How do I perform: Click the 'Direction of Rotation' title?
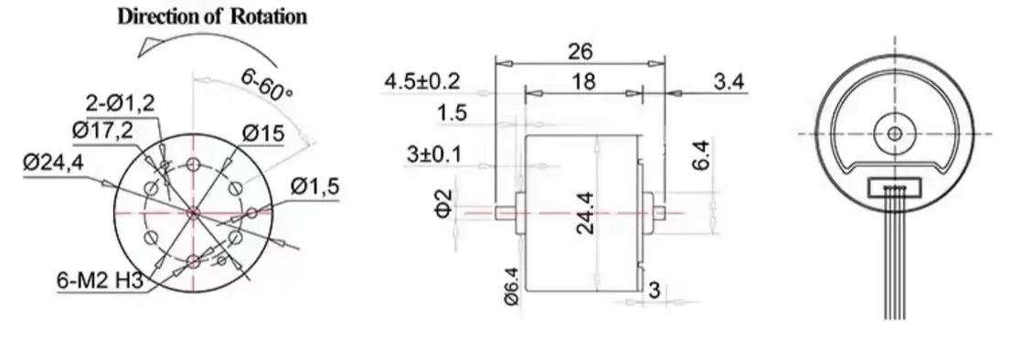[x=212, y=16]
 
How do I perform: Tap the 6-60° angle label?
[x=267, y=85]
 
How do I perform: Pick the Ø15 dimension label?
[x=263, y=134]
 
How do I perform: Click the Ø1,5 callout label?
[x=314, y=186]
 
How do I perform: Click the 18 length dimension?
[x=582, y=81]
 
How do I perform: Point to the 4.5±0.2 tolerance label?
[x=422, y=81]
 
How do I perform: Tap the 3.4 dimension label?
[x=729, y=81]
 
